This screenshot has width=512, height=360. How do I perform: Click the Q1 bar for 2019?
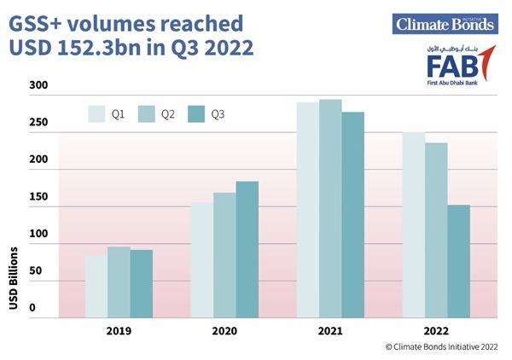(96, 287)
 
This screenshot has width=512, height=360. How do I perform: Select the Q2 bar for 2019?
(119, 282)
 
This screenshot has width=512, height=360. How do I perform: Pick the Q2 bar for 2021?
(330, 209)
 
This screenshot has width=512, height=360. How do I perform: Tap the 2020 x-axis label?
(224, 331)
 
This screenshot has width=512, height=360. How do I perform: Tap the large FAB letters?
(450, 66)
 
